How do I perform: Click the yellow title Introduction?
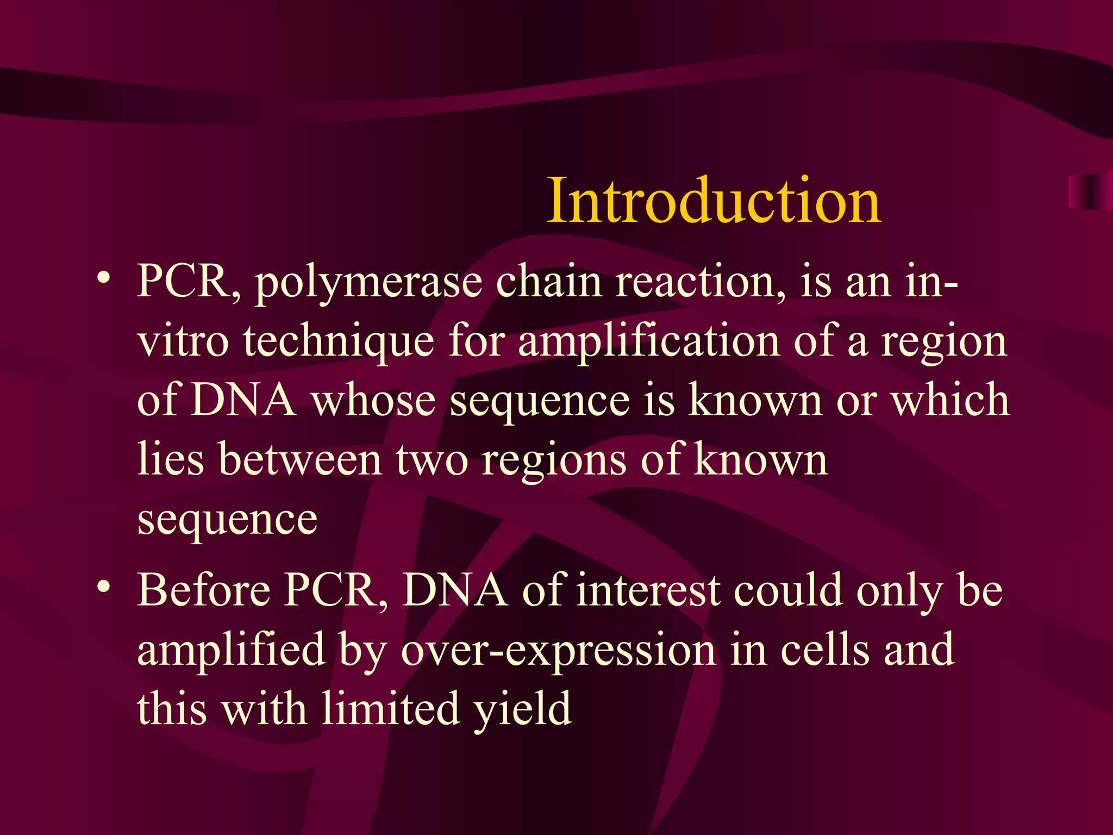[714, 201]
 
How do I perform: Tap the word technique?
[339, 342]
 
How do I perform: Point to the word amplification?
[649, 342]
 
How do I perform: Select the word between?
[300, 460]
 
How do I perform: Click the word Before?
[204, 591]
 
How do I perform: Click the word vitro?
[183, 342]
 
